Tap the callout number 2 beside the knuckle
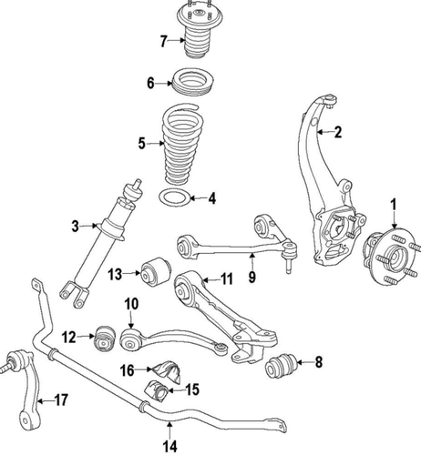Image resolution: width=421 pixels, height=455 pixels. [x=337, y=132]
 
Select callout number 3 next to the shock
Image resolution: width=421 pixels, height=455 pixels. [x=77, y=225]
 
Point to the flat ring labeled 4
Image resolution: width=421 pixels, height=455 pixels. [x=176, y=197]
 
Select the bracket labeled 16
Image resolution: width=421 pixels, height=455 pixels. [x=169, y=371]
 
